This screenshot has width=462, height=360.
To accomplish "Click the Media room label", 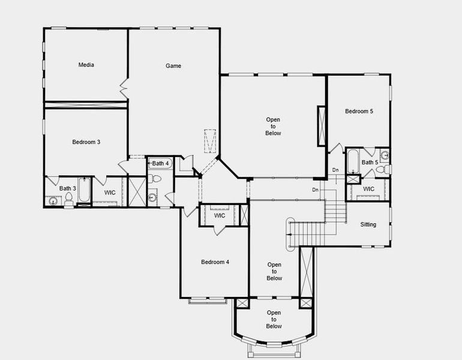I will click(x=86, y=65).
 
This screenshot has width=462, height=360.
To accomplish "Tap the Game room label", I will click(x=173, y=66).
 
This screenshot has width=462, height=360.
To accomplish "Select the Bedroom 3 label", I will click(x=86, y=142).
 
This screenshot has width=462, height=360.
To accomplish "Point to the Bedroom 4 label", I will click(x=215, y=262).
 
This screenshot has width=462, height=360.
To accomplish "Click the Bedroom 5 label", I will click(x=359, y=111).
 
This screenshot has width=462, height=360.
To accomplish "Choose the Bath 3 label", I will click(x=67, y=188).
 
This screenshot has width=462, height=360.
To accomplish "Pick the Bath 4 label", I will click(x=161, y=163).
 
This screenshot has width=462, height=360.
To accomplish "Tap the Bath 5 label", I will click(x=370, y=163).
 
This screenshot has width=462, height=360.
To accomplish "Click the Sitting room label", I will click(x=368, y=224).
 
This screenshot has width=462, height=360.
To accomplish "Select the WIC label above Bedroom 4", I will click(x=220, y=215).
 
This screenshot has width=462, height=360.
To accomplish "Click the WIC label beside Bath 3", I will click(x=110, y=193).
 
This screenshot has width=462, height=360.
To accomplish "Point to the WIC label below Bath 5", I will click(x=368, y=189).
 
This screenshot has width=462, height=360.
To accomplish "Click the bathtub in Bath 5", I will click(x=353, y=161).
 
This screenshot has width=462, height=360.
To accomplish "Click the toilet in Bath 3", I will click(x=69, y=200).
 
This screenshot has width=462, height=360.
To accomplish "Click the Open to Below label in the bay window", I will click(x=274, y=319).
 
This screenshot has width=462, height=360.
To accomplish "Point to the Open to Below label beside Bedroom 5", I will click(x=273, y=126).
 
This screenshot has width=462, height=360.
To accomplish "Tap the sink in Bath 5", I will click(x=385, y=155).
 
